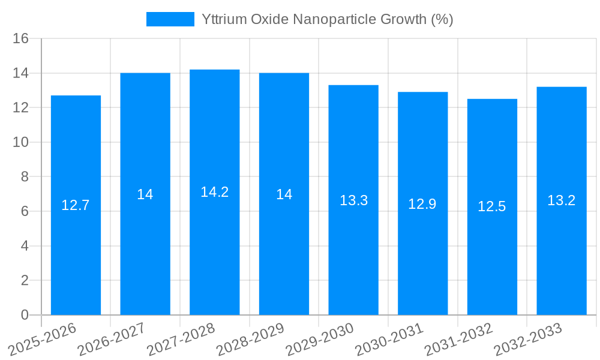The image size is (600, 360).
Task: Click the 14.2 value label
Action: [x=215, y=192]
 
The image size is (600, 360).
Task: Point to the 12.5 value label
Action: [x=492, y=206]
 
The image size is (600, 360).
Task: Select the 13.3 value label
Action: [x=353, y=200]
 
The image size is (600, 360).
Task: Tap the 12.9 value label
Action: [x=422, y=204]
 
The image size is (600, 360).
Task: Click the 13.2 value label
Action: [x=562, y=200]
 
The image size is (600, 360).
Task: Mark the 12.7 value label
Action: [x=76, y=205]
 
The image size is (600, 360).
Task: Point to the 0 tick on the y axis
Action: [x=25, y=315]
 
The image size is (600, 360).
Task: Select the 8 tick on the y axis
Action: [x=25, y=177]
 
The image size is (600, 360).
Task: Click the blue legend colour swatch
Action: [x=170, y=19]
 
